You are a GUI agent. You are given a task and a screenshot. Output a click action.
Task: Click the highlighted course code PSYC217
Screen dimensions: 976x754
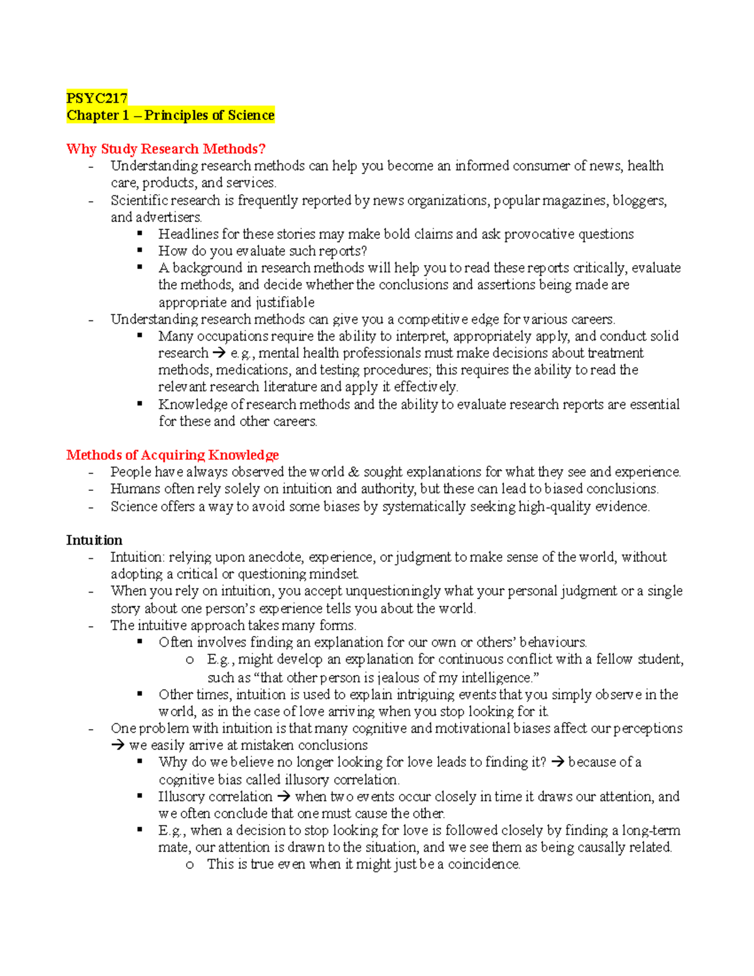97,98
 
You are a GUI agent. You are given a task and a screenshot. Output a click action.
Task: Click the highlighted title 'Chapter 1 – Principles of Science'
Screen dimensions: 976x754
170,116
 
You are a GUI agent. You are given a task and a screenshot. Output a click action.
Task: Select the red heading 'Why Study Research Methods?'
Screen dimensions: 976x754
166,149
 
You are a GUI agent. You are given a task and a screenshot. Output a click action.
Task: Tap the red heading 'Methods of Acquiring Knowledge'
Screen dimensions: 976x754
172,455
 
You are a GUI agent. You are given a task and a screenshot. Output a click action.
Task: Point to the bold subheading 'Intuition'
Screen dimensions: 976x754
94,540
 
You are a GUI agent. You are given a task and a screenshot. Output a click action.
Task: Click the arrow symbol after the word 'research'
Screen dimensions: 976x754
219,353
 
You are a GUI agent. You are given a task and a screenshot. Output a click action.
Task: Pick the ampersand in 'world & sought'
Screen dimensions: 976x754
354,472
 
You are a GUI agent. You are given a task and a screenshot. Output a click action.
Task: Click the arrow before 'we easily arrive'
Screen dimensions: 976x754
117,746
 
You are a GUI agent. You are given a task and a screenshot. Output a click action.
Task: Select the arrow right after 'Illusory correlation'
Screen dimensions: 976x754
283,797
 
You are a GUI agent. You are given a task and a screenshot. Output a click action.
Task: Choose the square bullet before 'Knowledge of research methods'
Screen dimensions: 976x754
139,404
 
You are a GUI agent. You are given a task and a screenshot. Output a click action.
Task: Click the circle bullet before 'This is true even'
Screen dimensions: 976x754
190,865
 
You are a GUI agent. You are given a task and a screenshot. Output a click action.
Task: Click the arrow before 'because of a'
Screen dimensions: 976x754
557,762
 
